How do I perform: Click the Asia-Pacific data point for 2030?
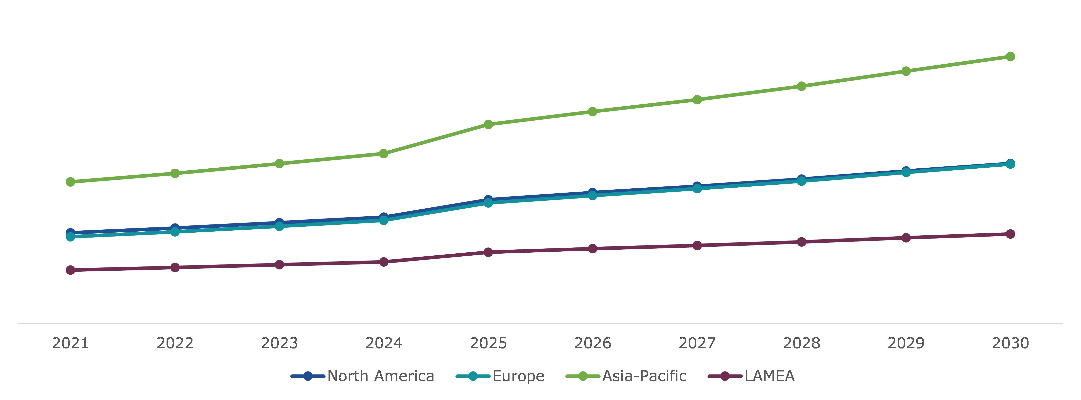[x=1010, y=56]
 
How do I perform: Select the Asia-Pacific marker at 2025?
[x=488, y=124]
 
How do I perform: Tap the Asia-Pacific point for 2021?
[x=70, y=182]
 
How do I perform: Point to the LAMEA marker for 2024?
[x=384, y=262]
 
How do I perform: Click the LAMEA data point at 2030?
[x=1010, y=234]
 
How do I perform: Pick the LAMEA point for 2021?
[x=70, y=270]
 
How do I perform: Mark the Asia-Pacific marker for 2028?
[x=801, y=86]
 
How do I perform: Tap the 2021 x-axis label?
[x=70, y=343]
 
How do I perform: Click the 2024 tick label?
[x=384, y=343]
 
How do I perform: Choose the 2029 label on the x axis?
[x=906, y=343]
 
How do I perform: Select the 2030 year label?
[x=1010, y=343]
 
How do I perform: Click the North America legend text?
[x=381, y=376]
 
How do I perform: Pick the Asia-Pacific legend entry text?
[x=644, y=376]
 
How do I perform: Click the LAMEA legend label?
[x=769, y=376]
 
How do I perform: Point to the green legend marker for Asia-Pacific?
[x=583, y=376]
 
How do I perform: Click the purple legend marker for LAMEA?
[x=725, y=376]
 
